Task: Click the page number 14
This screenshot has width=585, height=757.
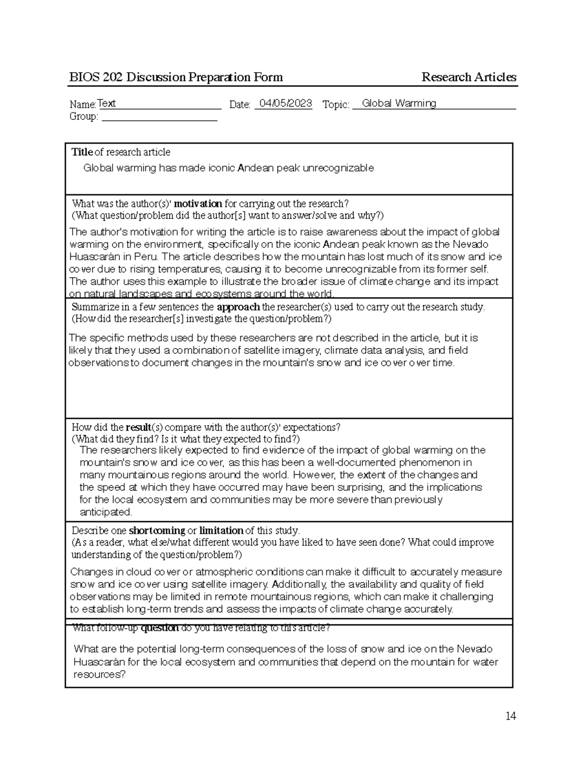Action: (x=510, y=716)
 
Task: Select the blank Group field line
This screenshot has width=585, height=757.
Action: (x=159, y=117)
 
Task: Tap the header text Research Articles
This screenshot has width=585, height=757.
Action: (x=468, y=77)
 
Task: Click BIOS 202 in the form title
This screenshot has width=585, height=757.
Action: (x=96, y=77)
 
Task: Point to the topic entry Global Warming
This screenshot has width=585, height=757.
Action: (x=399, y=103)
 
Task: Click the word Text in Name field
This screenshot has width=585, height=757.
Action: (x=106, y=103)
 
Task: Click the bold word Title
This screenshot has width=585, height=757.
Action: (x=82, y=152)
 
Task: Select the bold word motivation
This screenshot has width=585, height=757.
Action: (x=198, y=204)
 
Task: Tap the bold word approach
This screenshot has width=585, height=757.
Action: (x=238, y=307)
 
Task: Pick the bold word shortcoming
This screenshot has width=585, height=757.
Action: (x=156, y=530)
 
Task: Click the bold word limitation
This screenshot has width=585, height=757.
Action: (x=221, y=530)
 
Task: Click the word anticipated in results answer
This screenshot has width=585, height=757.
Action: (x=105, y=512)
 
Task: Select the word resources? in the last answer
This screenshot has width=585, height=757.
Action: (x=99, y=675)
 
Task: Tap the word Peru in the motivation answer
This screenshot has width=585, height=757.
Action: (x=149, y=257)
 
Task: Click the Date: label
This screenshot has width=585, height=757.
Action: (x=239, y=105)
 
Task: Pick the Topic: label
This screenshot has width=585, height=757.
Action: (x=336, y=105)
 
